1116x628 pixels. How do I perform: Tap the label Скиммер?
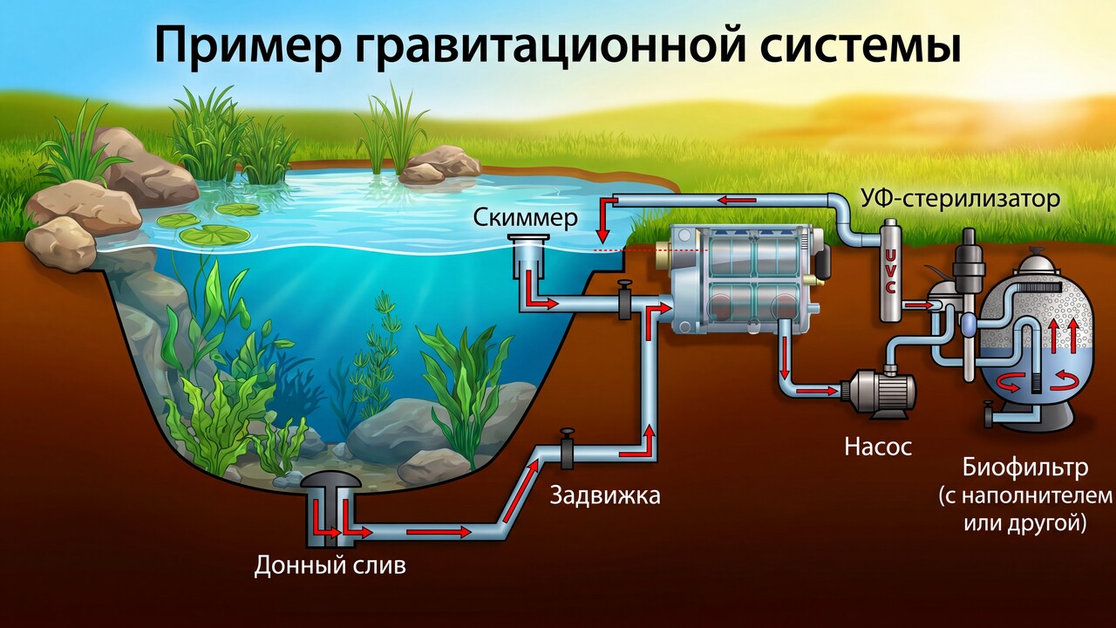525,218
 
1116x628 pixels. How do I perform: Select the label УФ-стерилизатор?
960,200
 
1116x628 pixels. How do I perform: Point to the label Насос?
878,447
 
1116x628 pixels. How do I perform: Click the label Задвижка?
605,495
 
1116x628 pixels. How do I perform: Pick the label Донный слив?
330,566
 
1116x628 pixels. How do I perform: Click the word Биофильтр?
1025,468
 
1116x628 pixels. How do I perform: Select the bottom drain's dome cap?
330,480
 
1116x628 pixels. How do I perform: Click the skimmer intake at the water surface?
528,238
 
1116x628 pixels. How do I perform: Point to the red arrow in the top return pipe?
737,201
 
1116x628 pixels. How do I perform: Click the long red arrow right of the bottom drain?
439,532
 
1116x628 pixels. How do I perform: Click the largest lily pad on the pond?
214,235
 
